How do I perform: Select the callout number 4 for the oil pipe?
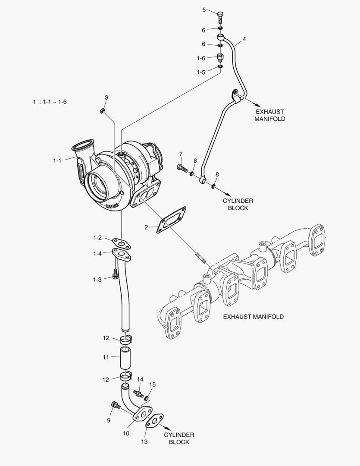pyautogui.click(x=244, y=39)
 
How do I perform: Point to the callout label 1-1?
pyautogui.click(x=57, y=161)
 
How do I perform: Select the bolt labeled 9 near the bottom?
pyautogui.click(x=115, y=405)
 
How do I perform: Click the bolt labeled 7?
pyautogui.click(x=182, y=167)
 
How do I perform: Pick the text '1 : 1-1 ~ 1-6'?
pyautogui.click(x=50, y=102)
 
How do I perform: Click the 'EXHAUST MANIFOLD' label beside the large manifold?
pyautogui.click(x=253, y=317)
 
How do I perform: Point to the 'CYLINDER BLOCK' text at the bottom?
pyautogui.click(x=179, y=438)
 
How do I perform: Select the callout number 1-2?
pyautogui.click(x=97, y=238)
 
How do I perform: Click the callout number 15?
pyautogui.click(x=152, y=384)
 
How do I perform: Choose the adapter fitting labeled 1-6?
pyautogui.click(x=220, y=57)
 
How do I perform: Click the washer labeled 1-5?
pyautogui.click(x=220, y=66)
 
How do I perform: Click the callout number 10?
pyautogui.click(x=126, y=433)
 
